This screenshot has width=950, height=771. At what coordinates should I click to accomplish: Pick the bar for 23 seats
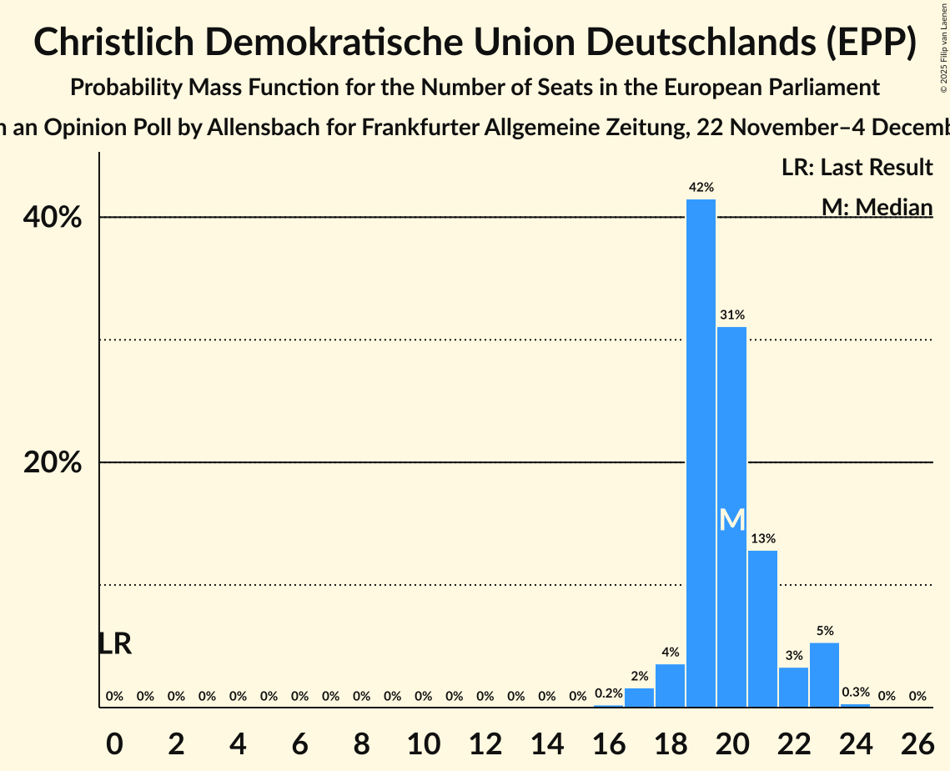click(x=824, y=675)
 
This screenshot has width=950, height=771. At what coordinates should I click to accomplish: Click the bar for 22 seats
click(x=793, y=688)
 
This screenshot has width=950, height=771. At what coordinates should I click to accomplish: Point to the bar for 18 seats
click(x=670, y=686)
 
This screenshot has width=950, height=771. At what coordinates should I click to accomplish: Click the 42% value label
click(x=701, y=188)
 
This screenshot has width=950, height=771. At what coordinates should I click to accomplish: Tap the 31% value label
click(x=731, y=315)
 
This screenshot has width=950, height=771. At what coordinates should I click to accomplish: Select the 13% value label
click(x=762, y=538)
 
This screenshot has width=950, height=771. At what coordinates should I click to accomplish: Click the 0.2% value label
click(x=608, y=693)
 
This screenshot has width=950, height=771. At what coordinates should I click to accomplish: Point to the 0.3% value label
click(x=855, y=692)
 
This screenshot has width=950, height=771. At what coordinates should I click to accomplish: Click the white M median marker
click(x=731, y=520)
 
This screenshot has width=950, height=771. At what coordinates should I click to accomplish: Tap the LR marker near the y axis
click(x=114, y=644)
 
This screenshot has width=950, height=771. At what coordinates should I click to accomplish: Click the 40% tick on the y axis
click(x=53, y=218)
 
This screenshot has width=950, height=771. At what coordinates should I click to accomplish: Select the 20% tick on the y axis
click(x=53, y=463)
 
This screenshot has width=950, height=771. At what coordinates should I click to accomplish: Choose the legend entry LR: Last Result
click(x=857, y=168)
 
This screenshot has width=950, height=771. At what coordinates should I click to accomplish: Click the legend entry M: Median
click(x=877, y=207)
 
